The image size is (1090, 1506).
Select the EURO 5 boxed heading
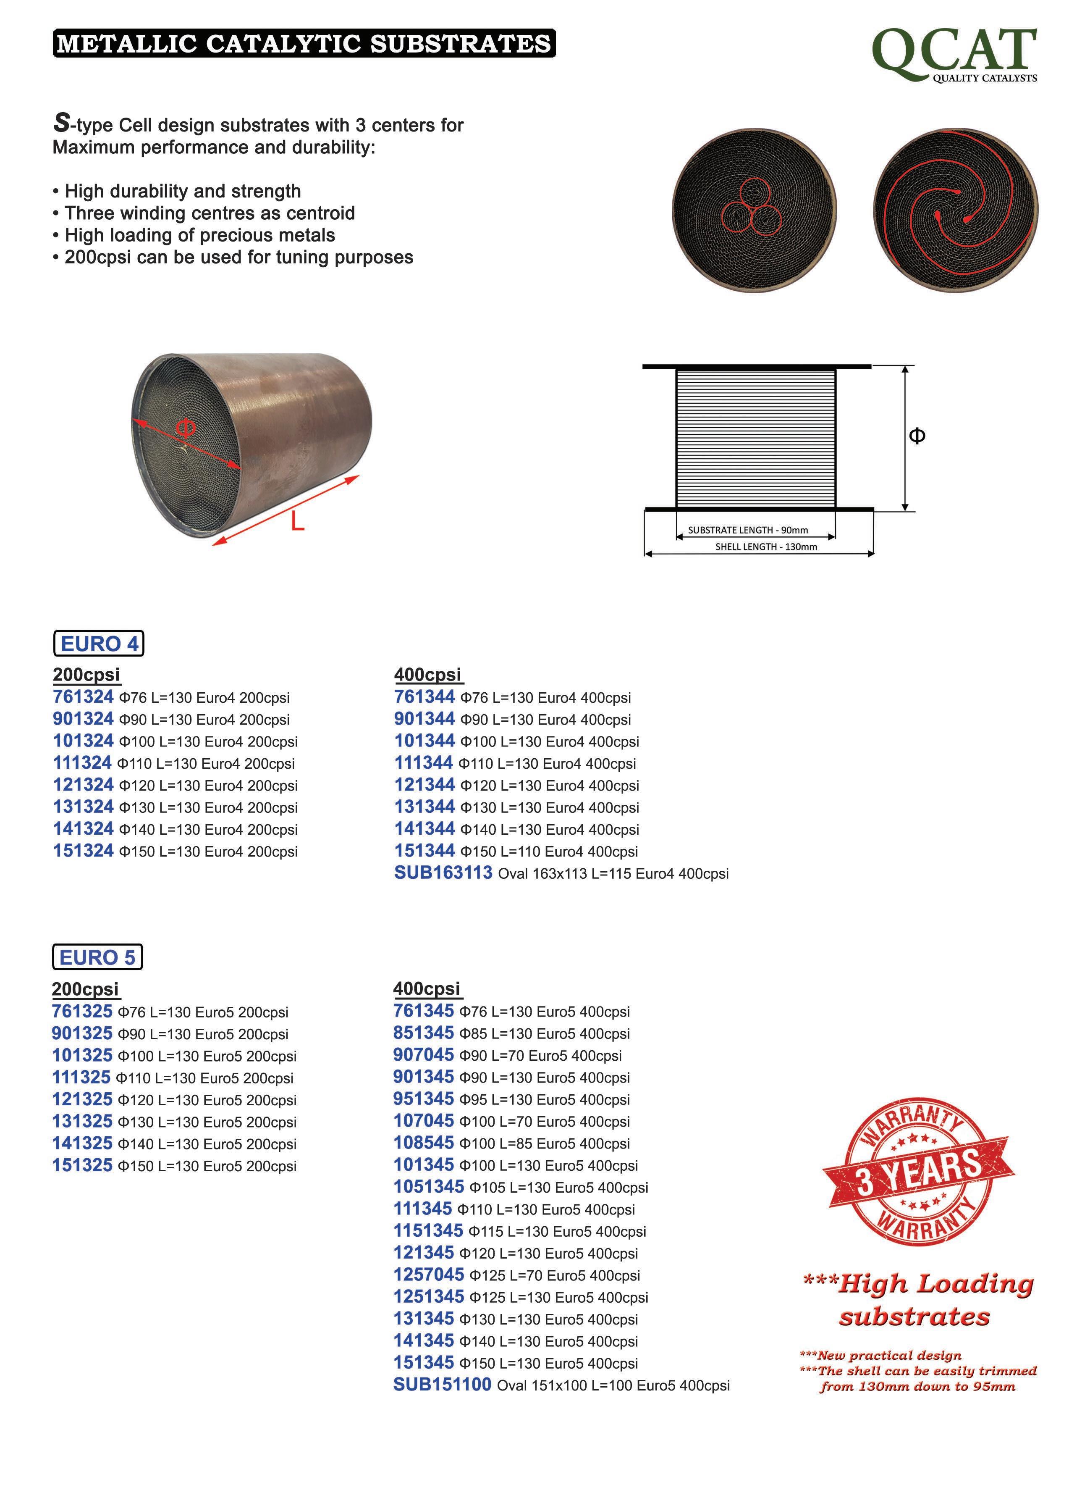[97, 957]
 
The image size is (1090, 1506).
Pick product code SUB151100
[442, 1385]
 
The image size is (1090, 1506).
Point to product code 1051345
[428, 1187]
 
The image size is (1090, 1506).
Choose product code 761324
[84, 697]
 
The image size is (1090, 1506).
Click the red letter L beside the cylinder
[297, 523]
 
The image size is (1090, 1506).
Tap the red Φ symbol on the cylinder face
[186, 429]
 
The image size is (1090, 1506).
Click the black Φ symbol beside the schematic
[917, 436]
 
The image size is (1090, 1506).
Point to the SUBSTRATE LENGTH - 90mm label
[747, 530]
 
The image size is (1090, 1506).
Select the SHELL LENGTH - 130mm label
[765, 547]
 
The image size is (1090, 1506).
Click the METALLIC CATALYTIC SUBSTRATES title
[304, 44]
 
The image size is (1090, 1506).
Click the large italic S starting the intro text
[61, 122]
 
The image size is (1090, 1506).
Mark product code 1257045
[428, 1274]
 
